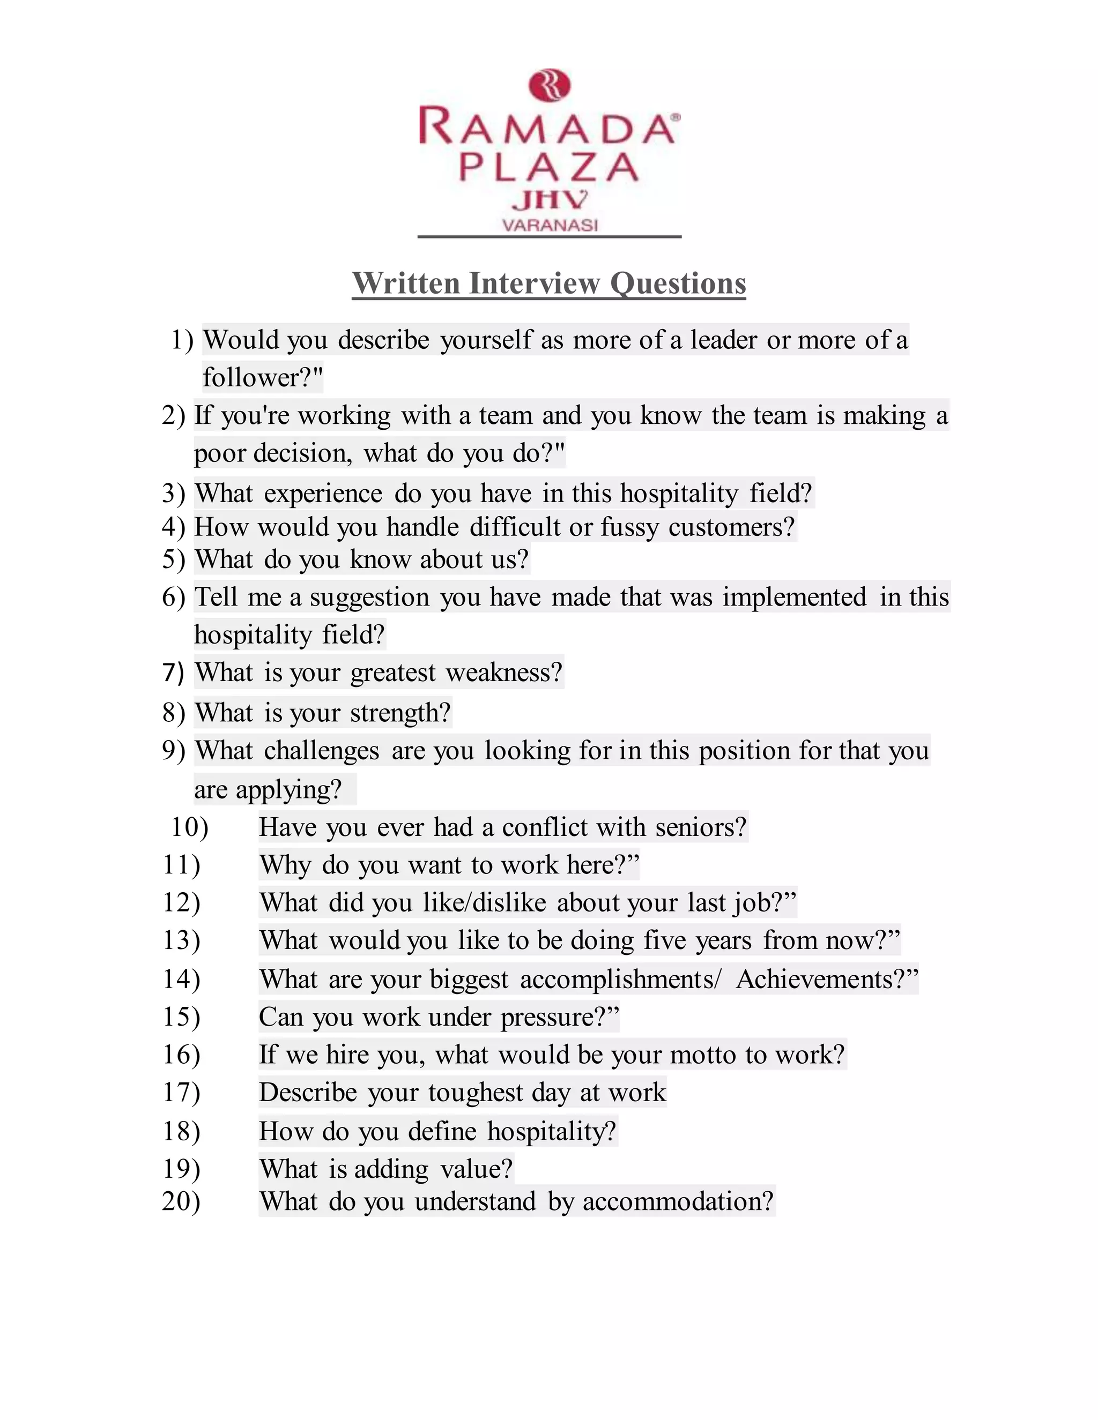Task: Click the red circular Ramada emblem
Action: click(x=550, y=86)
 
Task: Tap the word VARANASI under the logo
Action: click(x=550, y=226)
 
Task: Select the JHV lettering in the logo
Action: click(x=550, y=200)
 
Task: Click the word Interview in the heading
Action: click(x=534, y=283)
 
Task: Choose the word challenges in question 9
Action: click(x=321, y=751)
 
